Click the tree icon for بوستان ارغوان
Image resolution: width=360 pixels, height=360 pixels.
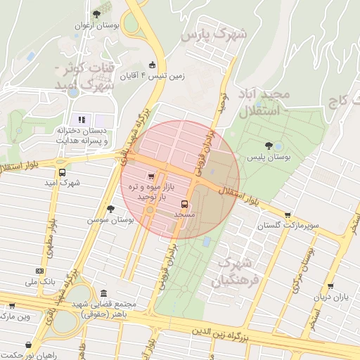pos(96,14)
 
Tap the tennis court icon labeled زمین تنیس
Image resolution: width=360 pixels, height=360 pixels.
pos(153,65)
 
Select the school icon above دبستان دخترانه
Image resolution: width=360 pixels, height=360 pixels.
pos(82,120)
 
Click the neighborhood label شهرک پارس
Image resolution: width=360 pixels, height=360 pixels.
pos(214,34)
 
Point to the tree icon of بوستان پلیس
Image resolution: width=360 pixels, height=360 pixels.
pos(269,146)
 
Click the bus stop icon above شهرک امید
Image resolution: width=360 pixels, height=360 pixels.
pos(63,172)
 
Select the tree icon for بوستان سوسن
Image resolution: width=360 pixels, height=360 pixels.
pos(110,208)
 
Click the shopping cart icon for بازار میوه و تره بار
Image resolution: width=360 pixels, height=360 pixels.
pos(150,176)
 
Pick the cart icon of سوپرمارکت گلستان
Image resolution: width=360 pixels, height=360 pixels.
pos(288,215)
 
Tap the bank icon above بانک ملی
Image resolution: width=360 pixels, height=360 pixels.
pos(39,271)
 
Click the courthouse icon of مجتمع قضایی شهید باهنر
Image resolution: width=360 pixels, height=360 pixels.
pos(104,292)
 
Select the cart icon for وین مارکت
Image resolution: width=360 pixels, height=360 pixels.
pos(12,306)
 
